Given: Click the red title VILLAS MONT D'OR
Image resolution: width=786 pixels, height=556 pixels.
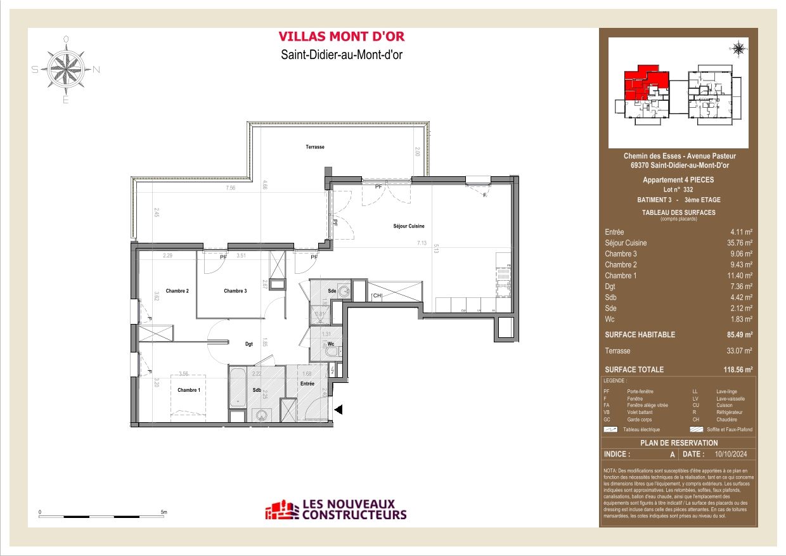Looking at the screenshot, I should (342, 37).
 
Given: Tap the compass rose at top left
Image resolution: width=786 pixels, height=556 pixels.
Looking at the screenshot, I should (66, 69).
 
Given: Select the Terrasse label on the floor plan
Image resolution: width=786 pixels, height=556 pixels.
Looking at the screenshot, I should (315, 147).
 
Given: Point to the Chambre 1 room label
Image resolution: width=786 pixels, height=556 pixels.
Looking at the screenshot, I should (189, 390).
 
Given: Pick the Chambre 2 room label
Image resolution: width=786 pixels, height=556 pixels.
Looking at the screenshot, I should (177, 291).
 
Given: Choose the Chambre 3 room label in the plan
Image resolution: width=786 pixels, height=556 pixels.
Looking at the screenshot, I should (235, 291).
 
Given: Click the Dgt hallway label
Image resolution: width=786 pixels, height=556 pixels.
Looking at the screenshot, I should (249, 344).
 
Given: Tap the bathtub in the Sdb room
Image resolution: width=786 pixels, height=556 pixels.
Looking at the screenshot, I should (238, 387).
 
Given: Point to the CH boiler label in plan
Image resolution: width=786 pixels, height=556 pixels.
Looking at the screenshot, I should (377, 295).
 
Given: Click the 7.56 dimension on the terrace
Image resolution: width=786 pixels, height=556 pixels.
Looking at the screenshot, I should (231, 188).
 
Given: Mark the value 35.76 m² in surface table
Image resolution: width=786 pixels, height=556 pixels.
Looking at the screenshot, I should (739, 243).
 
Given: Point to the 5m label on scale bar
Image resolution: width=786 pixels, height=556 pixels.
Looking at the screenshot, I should (163, 512).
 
